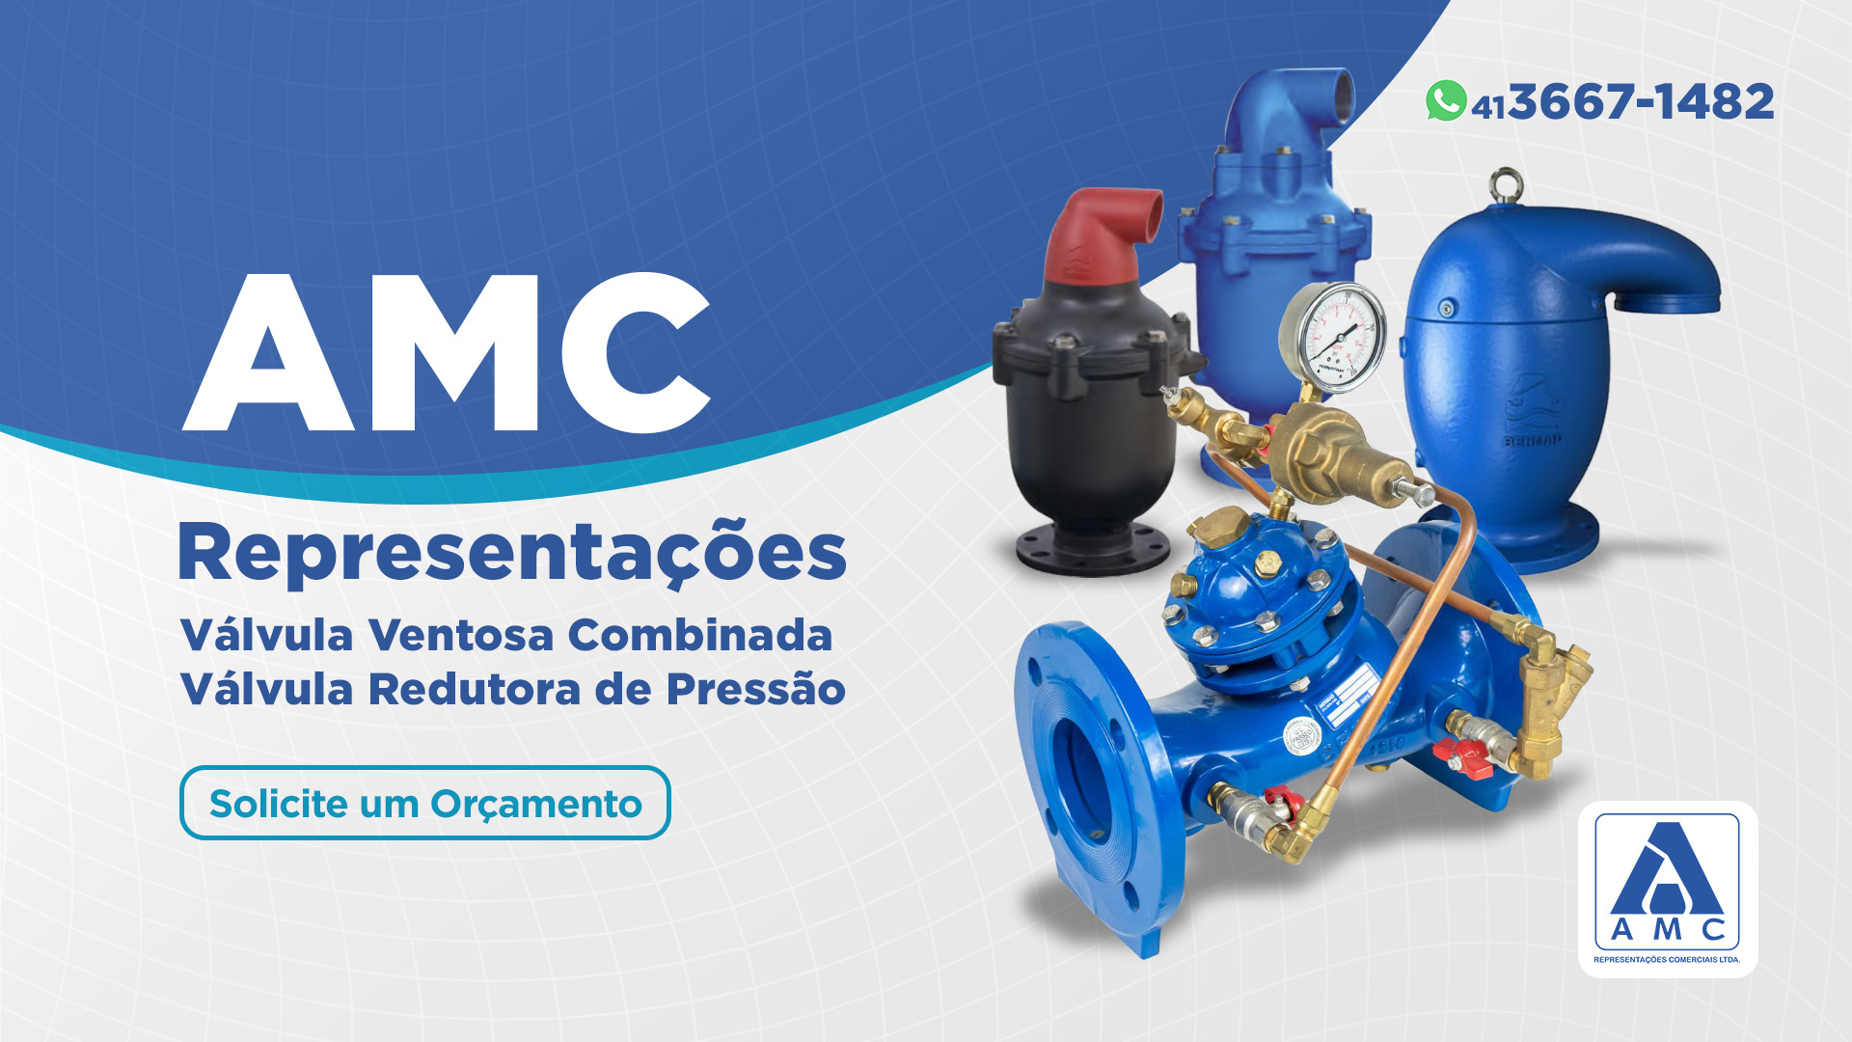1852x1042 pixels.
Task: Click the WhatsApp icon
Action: (x=1446, y=100)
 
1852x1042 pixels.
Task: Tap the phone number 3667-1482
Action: (x=1642, y=101)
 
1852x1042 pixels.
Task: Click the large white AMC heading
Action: (x=447, y=352)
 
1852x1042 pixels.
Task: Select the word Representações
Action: (x=512, y=553)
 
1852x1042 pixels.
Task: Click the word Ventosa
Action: (x=461, y=635)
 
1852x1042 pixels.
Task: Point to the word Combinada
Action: (x=700, y=635)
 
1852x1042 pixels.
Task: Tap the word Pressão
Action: (x=756, y=688)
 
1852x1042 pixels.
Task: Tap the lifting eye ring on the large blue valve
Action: (x=1505, y=186)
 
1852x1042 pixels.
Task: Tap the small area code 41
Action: (x=1488, y=107)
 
